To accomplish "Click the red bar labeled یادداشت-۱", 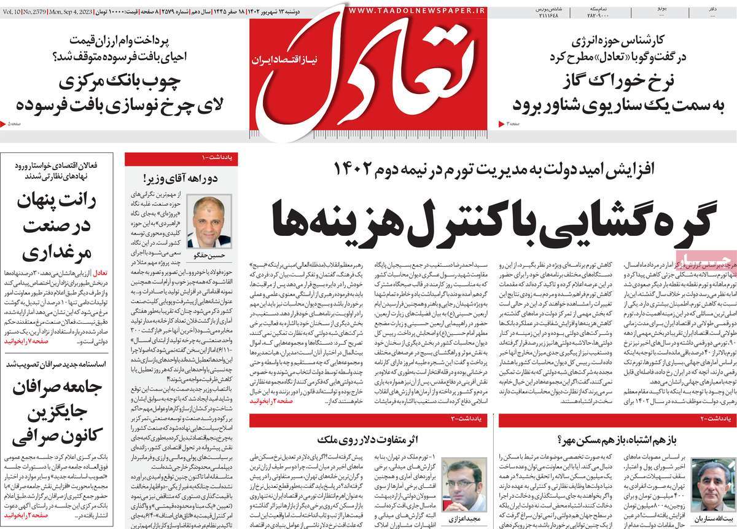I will [x=182, y=159].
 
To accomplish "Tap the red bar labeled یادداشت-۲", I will [x=617, y=420].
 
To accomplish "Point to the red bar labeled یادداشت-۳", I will [x=369, y=420].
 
